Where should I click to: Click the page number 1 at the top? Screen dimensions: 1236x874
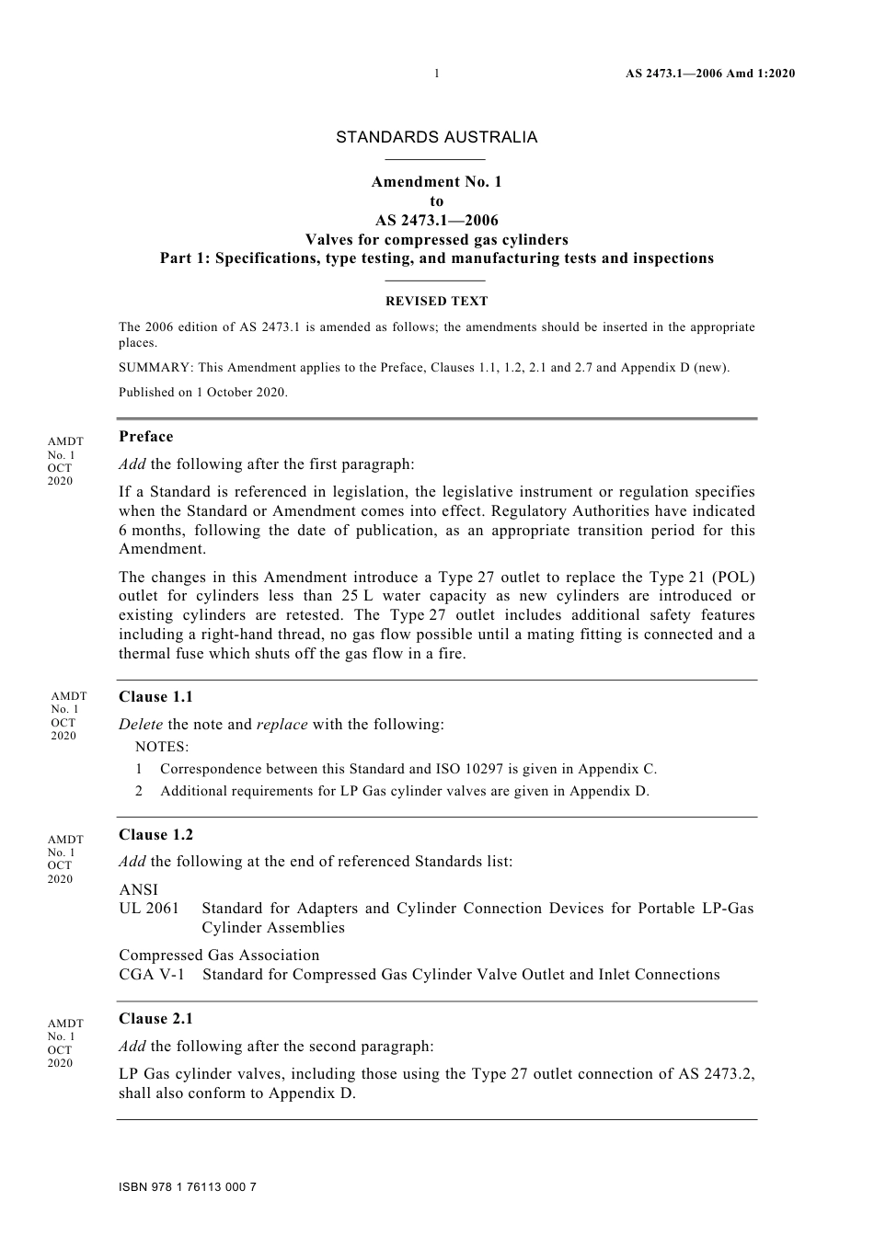coord(436,74)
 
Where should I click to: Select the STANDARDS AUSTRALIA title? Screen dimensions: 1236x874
coord(436,137)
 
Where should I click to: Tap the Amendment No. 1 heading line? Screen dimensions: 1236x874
coord(436,182)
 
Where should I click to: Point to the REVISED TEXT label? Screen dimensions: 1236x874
coord(436,301)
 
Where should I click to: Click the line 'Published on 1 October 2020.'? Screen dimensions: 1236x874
coord(203,392)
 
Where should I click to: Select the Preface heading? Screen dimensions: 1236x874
coord(145,437)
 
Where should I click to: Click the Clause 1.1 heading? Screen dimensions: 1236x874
coord(155,697)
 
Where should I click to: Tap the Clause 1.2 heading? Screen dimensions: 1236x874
coord(155,835)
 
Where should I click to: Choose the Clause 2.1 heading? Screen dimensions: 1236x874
coord(155,1019)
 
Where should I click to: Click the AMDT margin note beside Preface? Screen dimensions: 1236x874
coord(62,461)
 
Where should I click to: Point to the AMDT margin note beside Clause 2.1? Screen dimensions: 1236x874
coord(62,1043)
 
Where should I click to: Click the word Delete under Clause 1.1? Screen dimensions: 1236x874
coord(141,725)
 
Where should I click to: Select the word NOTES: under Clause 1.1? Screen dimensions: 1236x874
coord(162,747)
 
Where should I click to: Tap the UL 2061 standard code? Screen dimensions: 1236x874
coord(149,909)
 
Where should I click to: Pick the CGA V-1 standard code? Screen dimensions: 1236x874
coord(151,975)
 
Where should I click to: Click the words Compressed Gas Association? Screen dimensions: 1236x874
coord(219,956)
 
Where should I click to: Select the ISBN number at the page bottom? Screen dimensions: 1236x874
coord(188,1186)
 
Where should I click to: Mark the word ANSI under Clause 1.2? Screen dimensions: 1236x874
coord(138,889)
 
